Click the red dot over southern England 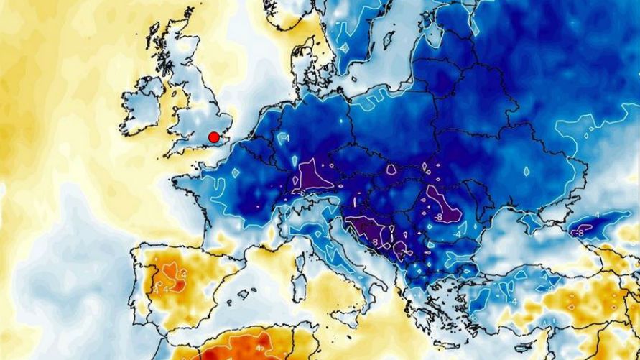213,137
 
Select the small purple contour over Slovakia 391,170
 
